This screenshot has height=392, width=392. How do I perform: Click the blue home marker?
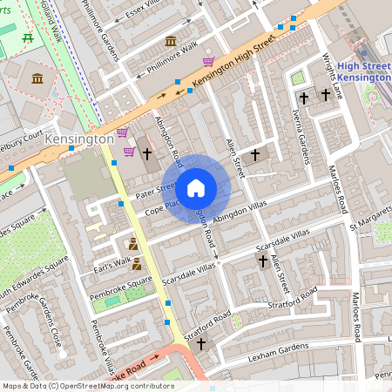(x=196, y=187)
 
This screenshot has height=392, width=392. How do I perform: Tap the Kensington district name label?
(x=79, y=139)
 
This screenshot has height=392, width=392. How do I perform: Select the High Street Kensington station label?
(x=363, y=72)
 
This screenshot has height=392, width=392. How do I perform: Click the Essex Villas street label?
(x=145, y=10)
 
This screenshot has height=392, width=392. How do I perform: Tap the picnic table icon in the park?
(x=29, y=37)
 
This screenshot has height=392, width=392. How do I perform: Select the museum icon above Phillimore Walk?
(x=170, y=41)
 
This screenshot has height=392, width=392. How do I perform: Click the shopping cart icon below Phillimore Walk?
(x=208, y=62)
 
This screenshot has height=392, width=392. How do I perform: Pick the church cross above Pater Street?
(x=147, y=155)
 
